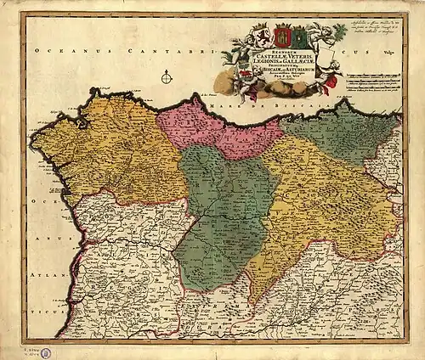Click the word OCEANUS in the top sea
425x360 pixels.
pyautogui.click(x=60, y=52)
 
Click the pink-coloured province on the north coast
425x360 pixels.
pyautogui.click(x=221, y=127)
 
